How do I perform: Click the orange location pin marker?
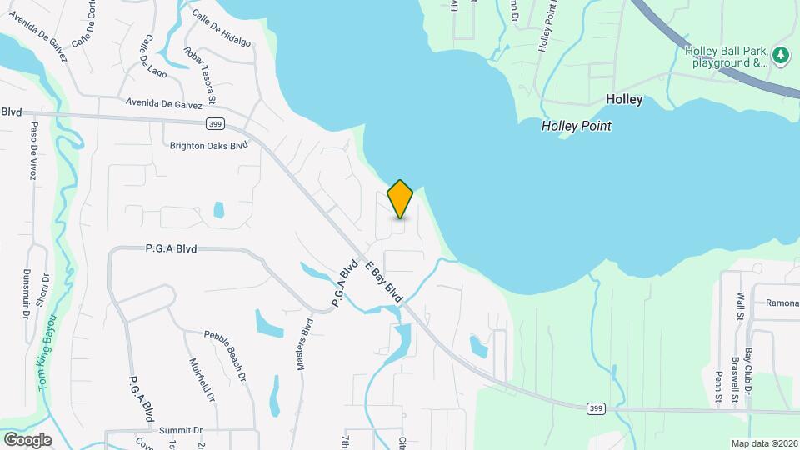[401, 199]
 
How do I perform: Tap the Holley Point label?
[576, 127]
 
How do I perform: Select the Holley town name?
[624, 99]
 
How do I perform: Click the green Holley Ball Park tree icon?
[781, 56]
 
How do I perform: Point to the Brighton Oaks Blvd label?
[209, 145]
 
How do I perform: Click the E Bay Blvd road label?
[384, 282]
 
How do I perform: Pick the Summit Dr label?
[181, 430]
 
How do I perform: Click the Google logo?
[27, 439]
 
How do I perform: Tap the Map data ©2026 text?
[763, 443]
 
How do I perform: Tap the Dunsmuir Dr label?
[26, 293]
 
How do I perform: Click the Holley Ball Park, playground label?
[726, 56]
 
